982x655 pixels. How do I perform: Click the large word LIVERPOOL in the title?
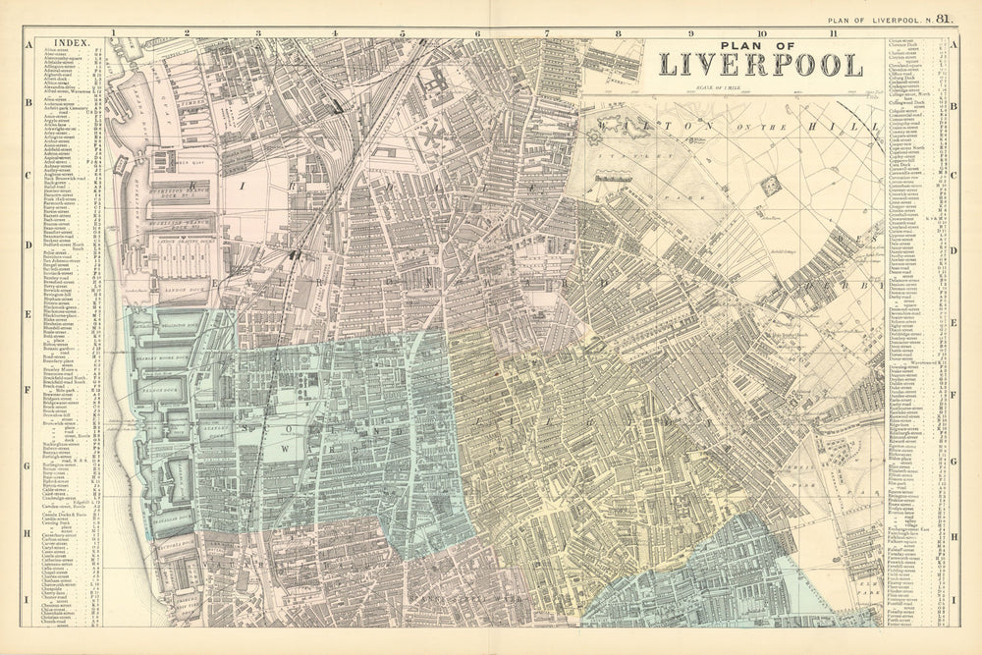(x=761, y=65)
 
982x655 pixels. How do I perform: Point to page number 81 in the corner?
(x=944, y=17)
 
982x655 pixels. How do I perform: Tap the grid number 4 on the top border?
(x=335, y=32)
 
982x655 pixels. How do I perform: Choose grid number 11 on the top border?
(x=833, y=32)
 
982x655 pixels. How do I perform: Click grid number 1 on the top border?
(x=114, y=32)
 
